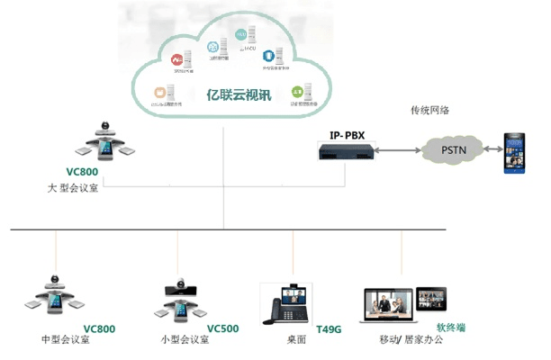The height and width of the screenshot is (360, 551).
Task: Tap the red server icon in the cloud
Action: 178,59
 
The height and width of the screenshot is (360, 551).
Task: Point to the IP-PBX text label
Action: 348,135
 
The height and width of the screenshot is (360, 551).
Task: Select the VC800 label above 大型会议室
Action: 82,171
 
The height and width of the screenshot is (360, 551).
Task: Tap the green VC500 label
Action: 222,328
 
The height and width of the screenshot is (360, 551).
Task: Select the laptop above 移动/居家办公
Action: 386,307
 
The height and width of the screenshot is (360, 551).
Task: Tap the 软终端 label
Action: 452,328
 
